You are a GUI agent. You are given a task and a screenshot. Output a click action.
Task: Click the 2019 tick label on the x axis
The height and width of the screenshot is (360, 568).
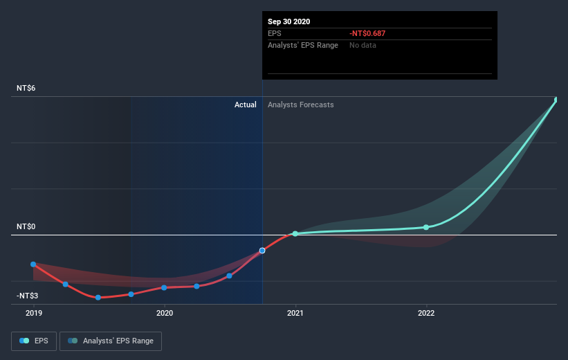point(33,313)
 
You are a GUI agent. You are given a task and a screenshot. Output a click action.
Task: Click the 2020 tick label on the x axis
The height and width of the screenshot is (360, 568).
point(165,313)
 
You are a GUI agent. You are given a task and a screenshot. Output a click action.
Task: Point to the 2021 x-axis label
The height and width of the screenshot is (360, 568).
point(295,313)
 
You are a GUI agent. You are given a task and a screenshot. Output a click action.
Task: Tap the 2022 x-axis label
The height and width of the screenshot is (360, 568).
point(426,313)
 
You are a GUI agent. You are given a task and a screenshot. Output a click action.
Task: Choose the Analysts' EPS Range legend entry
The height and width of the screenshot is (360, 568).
point(111,341)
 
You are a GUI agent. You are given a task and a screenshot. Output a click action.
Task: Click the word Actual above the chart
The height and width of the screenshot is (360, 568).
point(245,105)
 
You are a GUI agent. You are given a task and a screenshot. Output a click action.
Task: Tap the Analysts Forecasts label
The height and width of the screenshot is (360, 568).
point(300,105)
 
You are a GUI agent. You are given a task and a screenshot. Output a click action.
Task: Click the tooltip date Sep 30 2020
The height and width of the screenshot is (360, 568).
point(289,21)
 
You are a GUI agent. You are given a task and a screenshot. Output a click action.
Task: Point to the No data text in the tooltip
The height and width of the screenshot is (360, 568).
point(363,45)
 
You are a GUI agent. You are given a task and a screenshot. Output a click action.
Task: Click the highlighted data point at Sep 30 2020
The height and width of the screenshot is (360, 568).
point(262,251)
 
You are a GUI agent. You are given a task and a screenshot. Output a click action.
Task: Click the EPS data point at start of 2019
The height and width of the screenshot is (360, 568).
point(33,264)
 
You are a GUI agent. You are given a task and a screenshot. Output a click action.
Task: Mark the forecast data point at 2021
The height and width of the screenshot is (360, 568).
point(295,234)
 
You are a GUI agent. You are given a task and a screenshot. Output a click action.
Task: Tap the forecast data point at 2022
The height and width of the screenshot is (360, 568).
point(426,227)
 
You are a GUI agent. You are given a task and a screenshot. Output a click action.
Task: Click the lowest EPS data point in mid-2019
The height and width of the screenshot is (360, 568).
point(98,297)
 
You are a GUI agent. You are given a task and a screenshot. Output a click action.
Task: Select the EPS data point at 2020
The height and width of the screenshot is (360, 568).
point(164,287)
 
